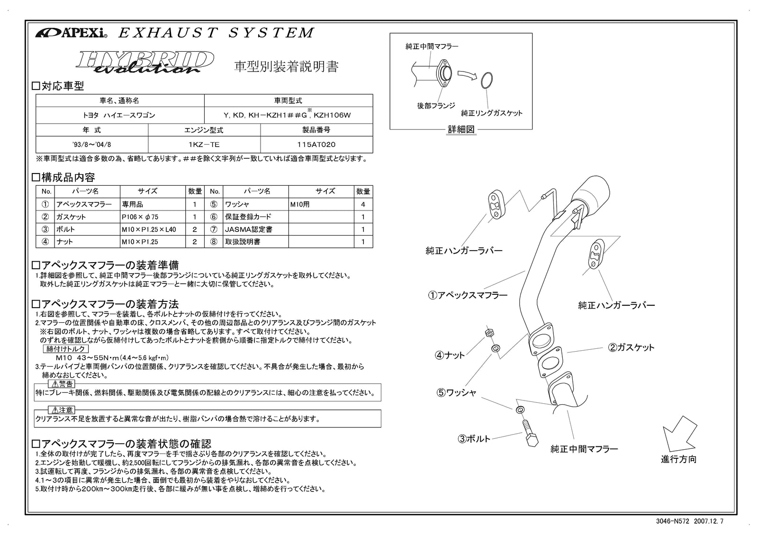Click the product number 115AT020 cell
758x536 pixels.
tap(316, 144)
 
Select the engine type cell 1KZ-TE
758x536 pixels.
tap(204, 144)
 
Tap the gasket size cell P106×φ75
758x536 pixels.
tap(153, 217)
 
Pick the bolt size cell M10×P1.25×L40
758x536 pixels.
tap(153, 229)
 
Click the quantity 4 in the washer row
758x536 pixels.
tap(363, 204)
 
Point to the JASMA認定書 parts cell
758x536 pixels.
tap(255, 229)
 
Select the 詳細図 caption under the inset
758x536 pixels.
tap(461, 129)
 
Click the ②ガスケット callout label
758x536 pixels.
tap(631, 347)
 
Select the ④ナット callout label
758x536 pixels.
tap(450, 354)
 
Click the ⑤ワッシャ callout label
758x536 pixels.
tap(456, 392)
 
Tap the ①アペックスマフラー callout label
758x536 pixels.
tap(468, 295)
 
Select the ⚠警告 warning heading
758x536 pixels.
tap(62, 384)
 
